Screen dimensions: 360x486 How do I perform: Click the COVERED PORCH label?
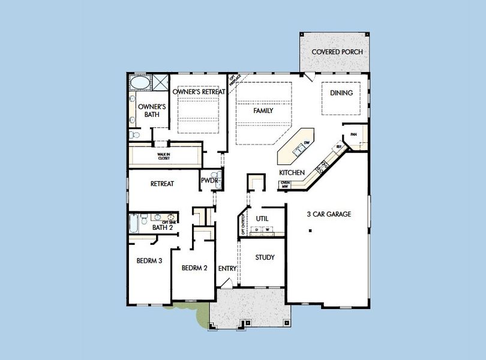click(337, 52)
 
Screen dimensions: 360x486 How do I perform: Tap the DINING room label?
click(341, 93)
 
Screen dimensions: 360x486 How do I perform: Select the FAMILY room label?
click(263, 111)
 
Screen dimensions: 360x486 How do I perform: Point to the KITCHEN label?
click(292, 173)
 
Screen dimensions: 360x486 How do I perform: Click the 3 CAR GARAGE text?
click(329, 214)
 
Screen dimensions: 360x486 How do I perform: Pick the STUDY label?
click(265, 257)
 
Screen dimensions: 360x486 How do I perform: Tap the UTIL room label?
click(262, 218)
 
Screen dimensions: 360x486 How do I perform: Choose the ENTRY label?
click(227, 269)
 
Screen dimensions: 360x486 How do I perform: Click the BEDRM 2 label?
click(194, 268)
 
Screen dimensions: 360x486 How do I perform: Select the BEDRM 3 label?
click(149, 261)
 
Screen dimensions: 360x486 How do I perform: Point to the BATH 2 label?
click(162, 228)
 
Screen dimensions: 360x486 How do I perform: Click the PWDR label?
click(209, 180)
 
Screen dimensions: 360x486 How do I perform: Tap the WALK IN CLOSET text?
click(164, 157)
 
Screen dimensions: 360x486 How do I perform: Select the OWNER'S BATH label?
click(152, 110)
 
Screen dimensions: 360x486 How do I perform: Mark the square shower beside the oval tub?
click(160, 82)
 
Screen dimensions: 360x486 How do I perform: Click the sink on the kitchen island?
click(297, 152)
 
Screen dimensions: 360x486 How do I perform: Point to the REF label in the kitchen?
click(339, 146)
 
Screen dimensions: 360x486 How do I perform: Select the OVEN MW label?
click(286, 185)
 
